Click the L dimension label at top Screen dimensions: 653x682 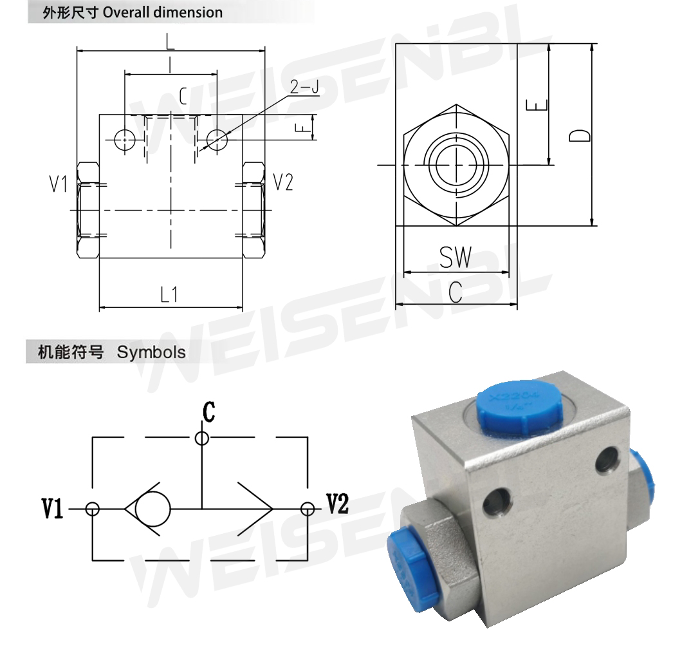tap(170, 41)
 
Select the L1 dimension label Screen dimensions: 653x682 tap(169, 295)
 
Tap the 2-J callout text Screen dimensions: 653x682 tap(304, 87)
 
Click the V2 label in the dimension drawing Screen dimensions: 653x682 tap(283, 183)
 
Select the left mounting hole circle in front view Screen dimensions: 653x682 tap(124, 138)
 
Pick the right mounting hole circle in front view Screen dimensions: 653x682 tap(218, 138)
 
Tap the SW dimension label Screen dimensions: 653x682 tap(456, 258)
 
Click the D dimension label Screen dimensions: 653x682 tap(581, 135)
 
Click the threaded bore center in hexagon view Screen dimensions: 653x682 tap(456, 166)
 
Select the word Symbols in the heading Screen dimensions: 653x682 tap(151, 352)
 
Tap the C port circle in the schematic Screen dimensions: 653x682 tap(202, 439)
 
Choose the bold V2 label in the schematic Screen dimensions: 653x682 tap(336, 505)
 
